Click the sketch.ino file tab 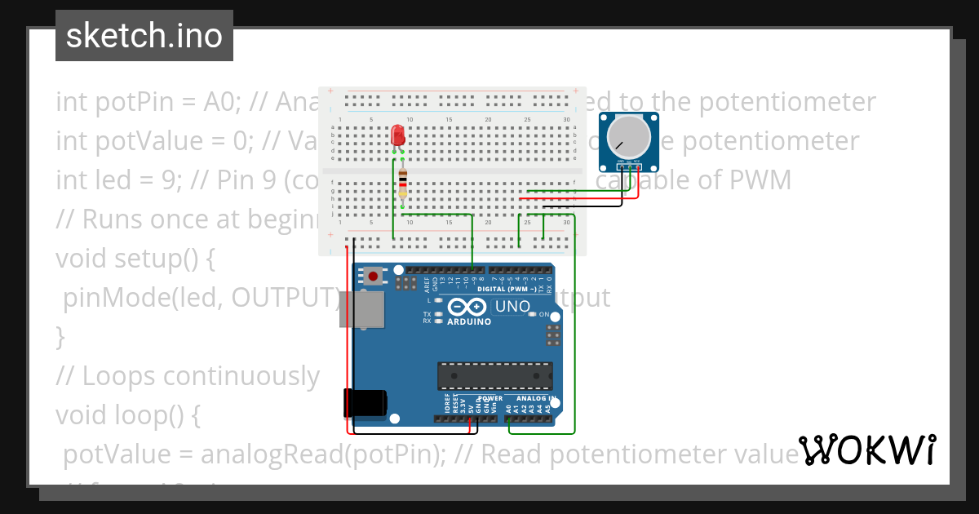[144, 36]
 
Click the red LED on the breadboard [398, 135]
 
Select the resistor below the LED [404, 184]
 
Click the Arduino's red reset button [374, 276]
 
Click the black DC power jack [364, 403]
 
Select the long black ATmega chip [494, 375]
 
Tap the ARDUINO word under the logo [467, 321]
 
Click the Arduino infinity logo [467, 307]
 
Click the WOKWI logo [867, 450]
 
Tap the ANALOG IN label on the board [535, 399]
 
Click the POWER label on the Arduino [490, 399]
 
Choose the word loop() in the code [162, 415]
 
